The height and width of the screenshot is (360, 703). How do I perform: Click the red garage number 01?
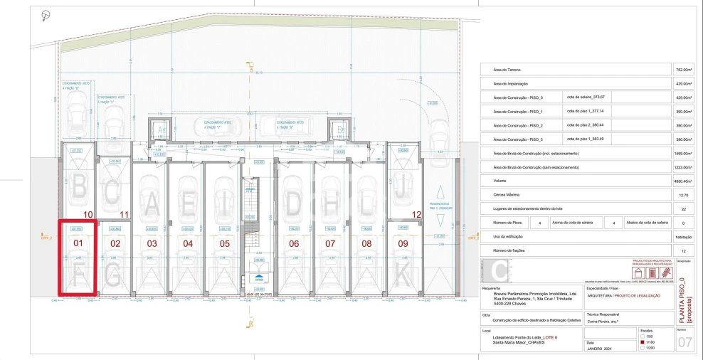point(79,243)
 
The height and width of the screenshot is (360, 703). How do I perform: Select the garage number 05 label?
point(225,243)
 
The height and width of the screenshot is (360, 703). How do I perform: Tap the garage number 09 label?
point(403,243)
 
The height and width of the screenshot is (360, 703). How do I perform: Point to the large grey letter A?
point(152,204)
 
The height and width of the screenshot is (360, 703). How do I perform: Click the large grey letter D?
point(294,204)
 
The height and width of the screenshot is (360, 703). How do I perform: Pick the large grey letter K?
point(403,272)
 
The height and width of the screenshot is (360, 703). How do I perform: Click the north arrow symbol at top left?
point(46,14)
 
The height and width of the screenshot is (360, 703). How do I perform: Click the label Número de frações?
point(507,250)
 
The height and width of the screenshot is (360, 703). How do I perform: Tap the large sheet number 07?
point(684,343)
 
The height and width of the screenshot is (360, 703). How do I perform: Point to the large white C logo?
point(499,272)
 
